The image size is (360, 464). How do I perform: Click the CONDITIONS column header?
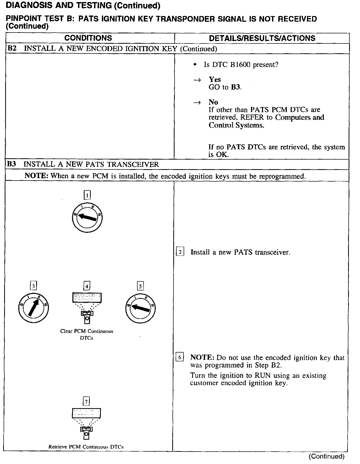coord(88,38)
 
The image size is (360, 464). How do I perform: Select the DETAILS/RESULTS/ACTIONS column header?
coord(262,38)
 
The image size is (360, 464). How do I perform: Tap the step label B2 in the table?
coord(12,48)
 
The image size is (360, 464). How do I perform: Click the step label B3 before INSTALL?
coord(12,164)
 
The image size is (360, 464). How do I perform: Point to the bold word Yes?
coord(215,79)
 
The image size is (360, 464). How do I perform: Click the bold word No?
coord(213,102)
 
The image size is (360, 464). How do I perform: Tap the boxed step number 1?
coord(87,195)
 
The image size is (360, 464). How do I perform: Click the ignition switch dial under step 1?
coord(87,218)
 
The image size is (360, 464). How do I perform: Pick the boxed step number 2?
coord(180,252)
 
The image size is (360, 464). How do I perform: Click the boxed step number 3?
coord(33,286)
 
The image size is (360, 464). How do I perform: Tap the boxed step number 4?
coord(87,286)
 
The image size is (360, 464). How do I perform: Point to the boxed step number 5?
coord(140,286)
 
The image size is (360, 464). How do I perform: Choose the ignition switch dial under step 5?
coord(140,308)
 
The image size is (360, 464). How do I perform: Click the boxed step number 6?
coord(180,357)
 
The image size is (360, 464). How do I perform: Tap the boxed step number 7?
coord(86,401)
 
